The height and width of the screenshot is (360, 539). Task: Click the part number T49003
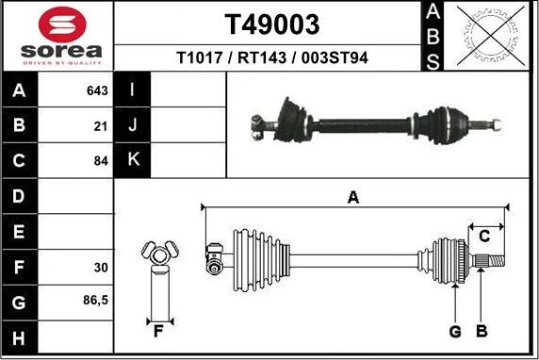(272, 24)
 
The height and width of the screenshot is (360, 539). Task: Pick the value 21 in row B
(101, 125)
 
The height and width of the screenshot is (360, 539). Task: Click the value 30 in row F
(101, 267)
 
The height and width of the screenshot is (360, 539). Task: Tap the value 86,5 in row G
(95, 302)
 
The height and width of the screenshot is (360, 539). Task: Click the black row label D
(20, 196)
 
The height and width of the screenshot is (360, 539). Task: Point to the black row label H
(20, 336)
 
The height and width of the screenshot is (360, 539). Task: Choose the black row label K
(133, 160)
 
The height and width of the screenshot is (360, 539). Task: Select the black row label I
(133, 91)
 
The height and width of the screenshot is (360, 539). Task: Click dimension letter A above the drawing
(353, 197)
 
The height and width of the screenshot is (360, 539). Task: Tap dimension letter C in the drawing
(485, 235)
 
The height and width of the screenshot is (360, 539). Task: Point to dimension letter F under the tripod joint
(158, 330)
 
